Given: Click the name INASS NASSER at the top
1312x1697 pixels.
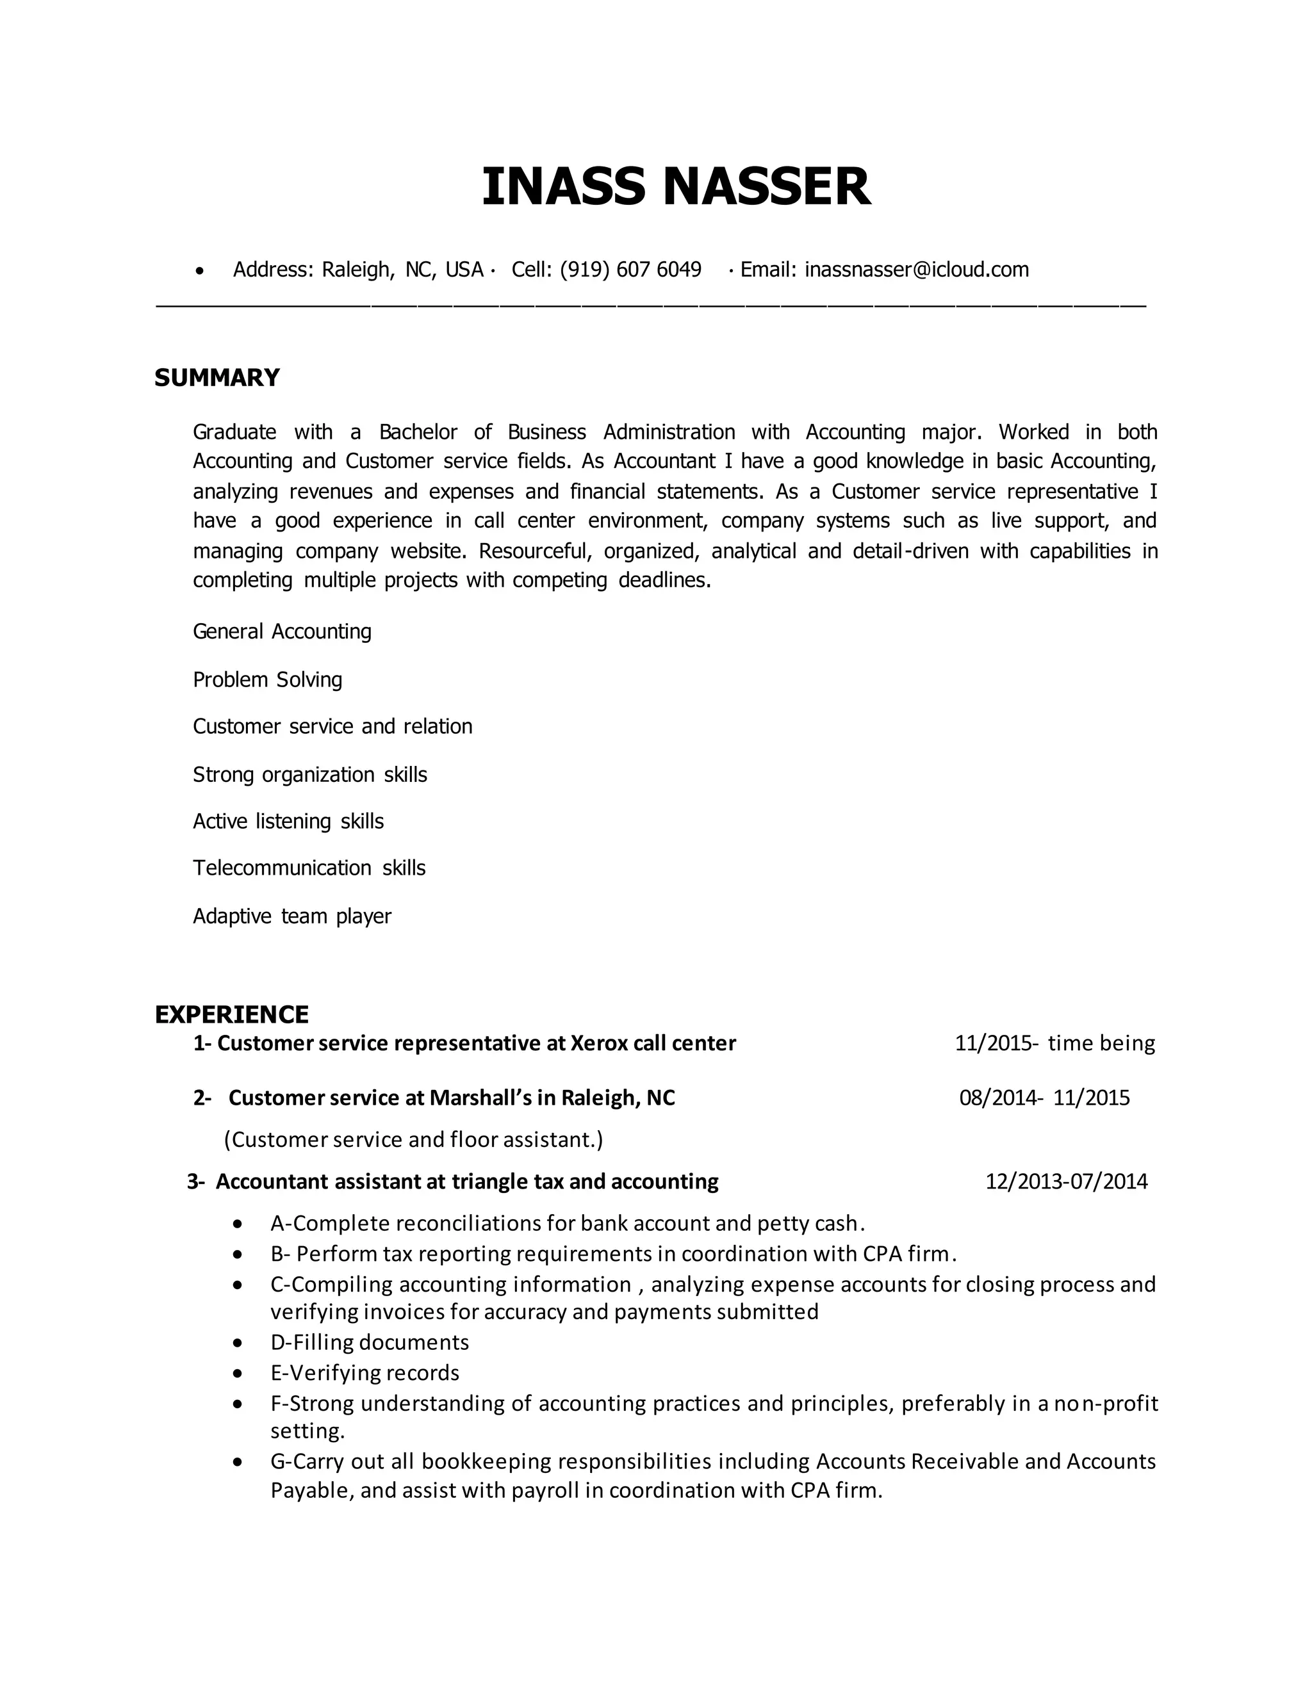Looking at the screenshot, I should pyautogui.click(x=675, y=186).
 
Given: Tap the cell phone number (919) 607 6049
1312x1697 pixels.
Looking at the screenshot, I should pyautogui.click(x=630, y=270).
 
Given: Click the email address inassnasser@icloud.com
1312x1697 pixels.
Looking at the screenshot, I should pyautogui.click(x=916, y=270).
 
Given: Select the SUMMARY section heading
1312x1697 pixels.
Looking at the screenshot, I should pyautogui.click(x=217, y=378).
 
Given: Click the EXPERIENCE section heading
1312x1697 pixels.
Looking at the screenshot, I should pyautogui.click(x=232, y=1014).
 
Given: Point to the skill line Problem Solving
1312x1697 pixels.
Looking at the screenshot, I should pyautogui.click(x=267, y=680).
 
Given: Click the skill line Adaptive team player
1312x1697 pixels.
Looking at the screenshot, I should pyautogui.click(x=291, y=916).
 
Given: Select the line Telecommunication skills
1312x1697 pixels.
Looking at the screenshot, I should pyautogui.click(x=309, y=868).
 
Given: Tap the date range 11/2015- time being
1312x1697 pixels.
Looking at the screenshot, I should pyautogui.click(x=1054, y=1043).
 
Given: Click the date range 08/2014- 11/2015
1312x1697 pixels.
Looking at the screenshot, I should pyautogui.click(x=1044, y=1098).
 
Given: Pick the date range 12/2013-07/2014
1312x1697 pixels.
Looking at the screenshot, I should pyautogui.click(x=1065, y=1181).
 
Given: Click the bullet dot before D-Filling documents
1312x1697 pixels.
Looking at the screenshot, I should pyautogui.click(x=238, y=1343).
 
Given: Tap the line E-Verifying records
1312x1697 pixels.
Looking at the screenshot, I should pyautogui.click(x=365, y=1373).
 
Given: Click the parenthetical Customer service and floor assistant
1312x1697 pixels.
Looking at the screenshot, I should pyautogui.click(x=413, y=1140).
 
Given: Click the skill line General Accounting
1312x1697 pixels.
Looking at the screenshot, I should pyautogui.click(x=281, y=631).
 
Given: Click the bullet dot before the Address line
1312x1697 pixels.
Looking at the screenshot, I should pyautogui.click(x=201, y=271).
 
